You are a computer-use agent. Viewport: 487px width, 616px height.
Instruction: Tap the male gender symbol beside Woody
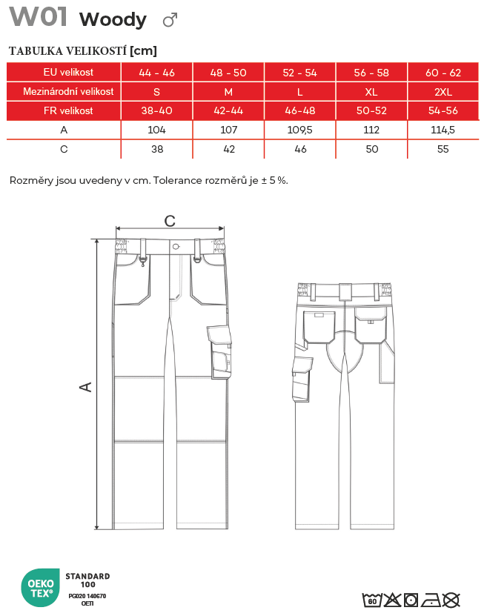pyautogui.click(x=170, y=20)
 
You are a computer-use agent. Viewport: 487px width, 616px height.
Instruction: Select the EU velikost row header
pyautogui.click(x=63, y=72)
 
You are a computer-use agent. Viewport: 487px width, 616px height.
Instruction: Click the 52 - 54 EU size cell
pyautogui.click(x=300, y=73)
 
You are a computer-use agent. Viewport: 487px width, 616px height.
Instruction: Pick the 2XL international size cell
pyautogui.click(x=443, y=92)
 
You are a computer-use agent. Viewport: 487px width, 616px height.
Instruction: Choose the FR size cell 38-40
pyautogui.click(x=156, y=110)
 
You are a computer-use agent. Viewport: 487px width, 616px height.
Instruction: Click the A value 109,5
pyautogui.click(x=300, y=130)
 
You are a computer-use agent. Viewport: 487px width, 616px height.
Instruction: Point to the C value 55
pyautogui.click(x=443, y=148)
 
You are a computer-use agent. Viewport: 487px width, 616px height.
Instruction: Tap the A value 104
pyautogui.click(x=156, y=130)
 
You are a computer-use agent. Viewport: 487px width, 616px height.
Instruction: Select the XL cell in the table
pyautogui.click(x=372, y=92)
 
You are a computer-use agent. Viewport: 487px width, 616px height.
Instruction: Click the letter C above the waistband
pyautogui.click(x=170, y=221)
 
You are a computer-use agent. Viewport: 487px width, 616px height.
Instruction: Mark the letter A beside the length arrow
pyautogui.click(x=87, y=386)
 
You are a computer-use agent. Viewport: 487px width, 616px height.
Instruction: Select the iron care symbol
pyautogui.click(x=431, y=599)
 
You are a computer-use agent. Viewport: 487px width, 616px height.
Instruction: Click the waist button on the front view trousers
pyautogui.click(x=175, y=247)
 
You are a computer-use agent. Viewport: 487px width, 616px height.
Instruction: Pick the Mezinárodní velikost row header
pyautogui.click(x=63, y=92)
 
